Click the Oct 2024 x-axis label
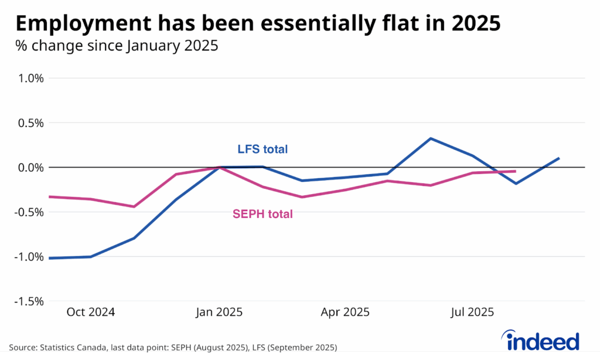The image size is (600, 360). [91, 312]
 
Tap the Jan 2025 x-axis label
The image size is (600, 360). [218, 312]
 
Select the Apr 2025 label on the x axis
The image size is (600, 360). [345, 312]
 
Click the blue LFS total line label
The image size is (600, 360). [262, 150]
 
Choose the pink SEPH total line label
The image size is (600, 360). [262, 215]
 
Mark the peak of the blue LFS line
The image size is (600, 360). [431, 138]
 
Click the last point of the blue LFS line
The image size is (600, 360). [559, 158]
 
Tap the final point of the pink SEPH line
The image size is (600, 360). [515, 171]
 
